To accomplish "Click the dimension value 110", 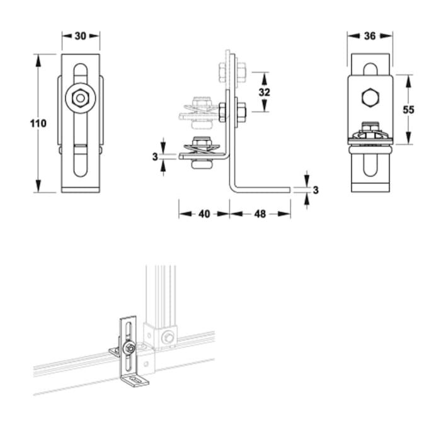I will click(38, 123).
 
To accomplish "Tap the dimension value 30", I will click(80, 36).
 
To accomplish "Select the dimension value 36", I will click(369, 36).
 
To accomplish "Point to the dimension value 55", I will click(408, 109).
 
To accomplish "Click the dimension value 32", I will click(264, 92).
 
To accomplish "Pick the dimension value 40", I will click(203, 214).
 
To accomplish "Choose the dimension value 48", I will click(260, 214).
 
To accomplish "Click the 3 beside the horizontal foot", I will click(316, 189).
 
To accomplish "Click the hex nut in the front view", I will click(80, 98).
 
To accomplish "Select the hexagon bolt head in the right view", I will click(370, 98).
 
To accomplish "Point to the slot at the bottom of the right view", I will click(370, 170).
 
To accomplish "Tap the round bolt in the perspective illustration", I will click(129, 348).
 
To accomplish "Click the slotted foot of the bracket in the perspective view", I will click(134, 380).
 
